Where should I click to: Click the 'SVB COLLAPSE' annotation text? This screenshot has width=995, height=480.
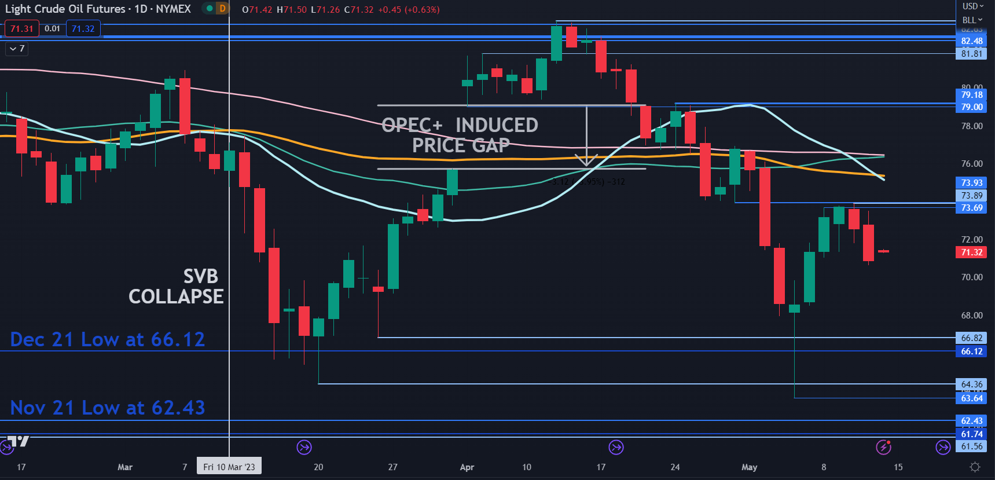176,287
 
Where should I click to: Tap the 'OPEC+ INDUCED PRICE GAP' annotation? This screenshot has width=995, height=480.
460,135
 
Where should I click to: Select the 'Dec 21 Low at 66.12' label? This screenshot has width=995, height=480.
108,339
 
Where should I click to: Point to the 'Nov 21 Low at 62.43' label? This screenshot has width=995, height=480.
108,408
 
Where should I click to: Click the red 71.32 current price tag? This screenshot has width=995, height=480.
971,252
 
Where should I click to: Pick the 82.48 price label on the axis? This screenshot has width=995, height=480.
971,41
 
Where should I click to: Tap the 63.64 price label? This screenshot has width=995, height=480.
971,398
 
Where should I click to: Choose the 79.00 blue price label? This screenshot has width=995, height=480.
971,107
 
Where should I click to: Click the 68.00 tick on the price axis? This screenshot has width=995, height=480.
971,316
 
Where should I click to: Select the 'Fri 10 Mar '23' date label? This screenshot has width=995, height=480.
229,467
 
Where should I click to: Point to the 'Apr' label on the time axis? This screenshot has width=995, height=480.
467,467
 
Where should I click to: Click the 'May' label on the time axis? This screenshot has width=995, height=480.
749,467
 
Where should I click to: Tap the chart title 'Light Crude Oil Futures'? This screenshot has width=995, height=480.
65,9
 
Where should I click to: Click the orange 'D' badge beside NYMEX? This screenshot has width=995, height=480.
222,9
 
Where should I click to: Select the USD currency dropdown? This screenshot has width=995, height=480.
972,6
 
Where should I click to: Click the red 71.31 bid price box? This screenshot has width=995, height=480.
21,29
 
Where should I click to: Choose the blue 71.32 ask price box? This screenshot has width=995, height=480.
83,29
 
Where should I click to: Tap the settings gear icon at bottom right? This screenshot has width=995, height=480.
975,467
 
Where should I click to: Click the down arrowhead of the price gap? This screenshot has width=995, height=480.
586,160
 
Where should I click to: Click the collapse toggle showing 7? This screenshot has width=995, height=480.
17,49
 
